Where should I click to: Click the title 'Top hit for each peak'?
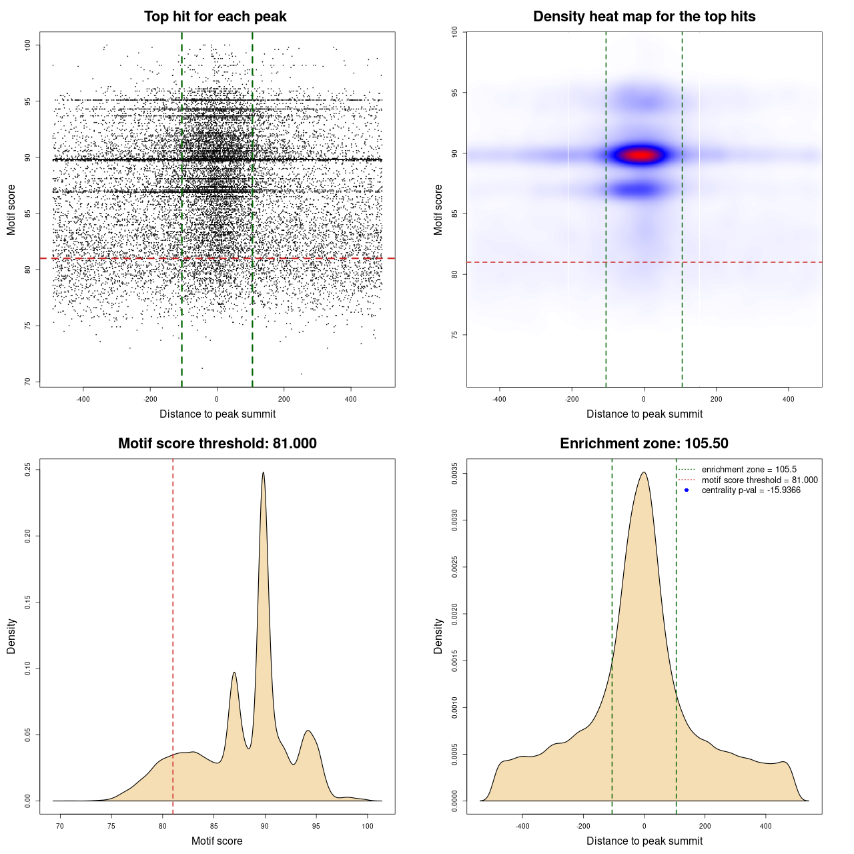coord(215,17)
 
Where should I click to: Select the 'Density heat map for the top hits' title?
coord(644,17)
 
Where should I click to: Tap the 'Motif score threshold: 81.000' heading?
coord(217,444)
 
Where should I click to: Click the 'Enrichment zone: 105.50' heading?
coord(644,444)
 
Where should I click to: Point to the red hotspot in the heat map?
coord(641,155)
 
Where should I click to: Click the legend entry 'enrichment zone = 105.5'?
coord(749,469)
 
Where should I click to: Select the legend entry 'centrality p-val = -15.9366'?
coord(751,490)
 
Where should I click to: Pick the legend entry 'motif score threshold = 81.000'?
coord(759,480)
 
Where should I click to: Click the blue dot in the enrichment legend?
coord(687,490)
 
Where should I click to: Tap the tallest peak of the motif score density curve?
coord(264,473)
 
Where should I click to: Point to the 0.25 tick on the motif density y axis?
coord(27,470)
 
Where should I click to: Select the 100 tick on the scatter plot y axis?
coord(27,45)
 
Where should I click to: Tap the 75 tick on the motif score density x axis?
coord(111,826)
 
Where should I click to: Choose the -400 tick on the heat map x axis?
coord(499,399)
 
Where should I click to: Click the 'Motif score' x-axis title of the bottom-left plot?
coord(217,841)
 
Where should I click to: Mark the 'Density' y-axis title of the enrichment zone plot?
coord(438,636)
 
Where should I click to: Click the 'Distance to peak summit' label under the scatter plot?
coord(218,414)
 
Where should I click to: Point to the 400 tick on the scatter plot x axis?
coord(351,399)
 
